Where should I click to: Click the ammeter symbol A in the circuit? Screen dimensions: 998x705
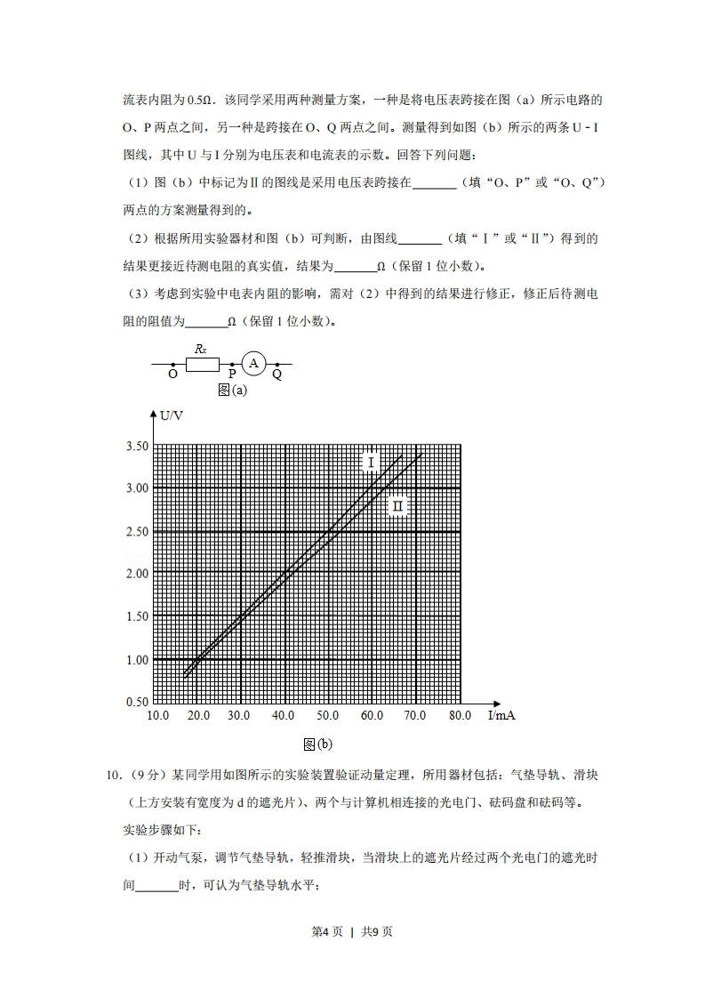pyautogui.click(x=254, y=363)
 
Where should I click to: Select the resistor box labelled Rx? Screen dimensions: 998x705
pyautogui.click(x=201, y=363)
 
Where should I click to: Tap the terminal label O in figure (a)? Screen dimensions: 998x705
pyautogui.click(x=173, y=375)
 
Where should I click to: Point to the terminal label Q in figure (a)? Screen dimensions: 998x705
pyautogui.click(x=276, y=375)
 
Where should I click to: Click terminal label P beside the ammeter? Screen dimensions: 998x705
pyautogui.click(x=233, y=375)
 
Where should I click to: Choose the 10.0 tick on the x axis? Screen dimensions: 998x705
pyautogui.click(x=158, y=715)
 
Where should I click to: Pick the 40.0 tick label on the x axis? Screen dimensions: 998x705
pyautogui.click(x=284, y=715)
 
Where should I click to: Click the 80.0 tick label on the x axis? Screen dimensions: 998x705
pyautogui.click(x=459, y=715)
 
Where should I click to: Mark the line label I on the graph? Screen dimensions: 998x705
pyautogui.click(x=371, y=462)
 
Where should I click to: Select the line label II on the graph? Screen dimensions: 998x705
pyautogui.click(x=397, y=505)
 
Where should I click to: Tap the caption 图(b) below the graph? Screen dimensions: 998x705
pyautogui.click(x=317, y=744)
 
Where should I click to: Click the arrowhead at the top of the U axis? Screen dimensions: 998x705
pyautogui.click(x=155, y=413)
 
